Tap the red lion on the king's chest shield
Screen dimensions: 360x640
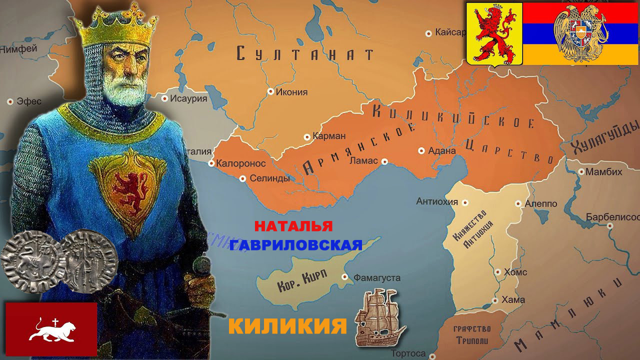click(x=129, y=190)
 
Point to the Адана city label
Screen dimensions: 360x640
click(x=442, y=150)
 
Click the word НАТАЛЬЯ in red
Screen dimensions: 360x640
click(x=293, y=226)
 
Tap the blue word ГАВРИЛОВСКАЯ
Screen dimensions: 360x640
click(x=296, y=245)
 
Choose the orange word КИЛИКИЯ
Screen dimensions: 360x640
click(x=287, y=326)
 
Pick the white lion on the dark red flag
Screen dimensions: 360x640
click(x=51, y=330)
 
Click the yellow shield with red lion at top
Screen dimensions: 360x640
click(x=494, y=33)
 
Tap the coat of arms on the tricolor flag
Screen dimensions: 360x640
click(x=580, y=33)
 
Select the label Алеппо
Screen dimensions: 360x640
click(x=540, y=204)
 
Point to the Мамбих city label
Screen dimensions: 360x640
click(x=603, y=171)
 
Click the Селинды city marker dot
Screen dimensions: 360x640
click(x=242, y=178)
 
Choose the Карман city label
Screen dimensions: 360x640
click(x=329, y=136)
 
